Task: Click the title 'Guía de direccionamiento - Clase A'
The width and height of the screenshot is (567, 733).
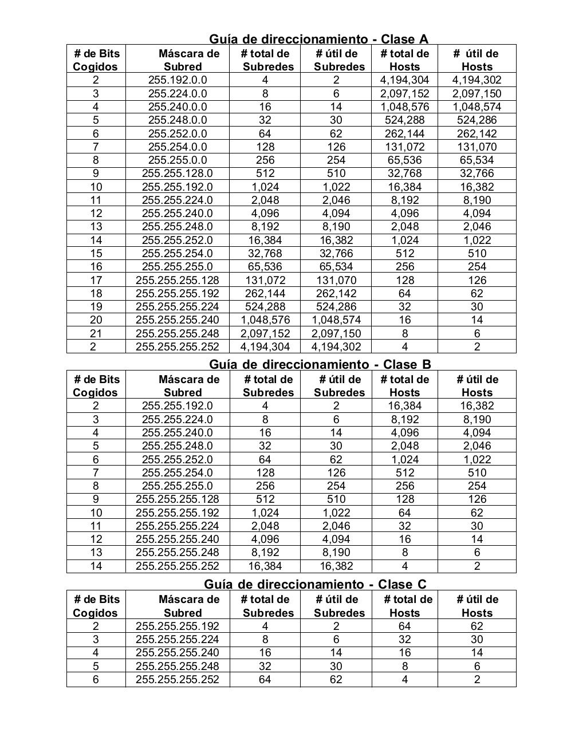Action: (x=318, y=39)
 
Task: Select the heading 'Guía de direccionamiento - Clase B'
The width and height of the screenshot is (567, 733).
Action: (x=320, y=364)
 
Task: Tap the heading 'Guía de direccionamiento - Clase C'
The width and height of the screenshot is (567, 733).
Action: (x=315, y=584)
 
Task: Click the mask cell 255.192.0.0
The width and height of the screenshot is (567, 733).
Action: (x=178, y=80)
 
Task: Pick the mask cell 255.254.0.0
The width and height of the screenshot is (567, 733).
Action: (x=178, y=147)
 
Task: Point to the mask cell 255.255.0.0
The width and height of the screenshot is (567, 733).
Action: (x=178, y=160)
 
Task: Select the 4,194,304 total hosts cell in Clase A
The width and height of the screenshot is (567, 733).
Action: (x=404, y=80)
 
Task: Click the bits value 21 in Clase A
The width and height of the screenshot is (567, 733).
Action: (x=96, y=333)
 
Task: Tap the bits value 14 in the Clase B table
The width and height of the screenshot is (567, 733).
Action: (x=96, y=566)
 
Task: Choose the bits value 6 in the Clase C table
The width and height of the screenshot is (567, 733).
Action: (x=96, y=679)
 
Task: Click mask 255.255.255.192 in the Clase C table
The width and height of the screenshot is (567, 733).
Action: (x=178, y=626)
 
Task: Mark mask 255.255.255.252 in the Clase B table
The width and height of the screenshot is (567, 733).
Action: (x=178, y=566)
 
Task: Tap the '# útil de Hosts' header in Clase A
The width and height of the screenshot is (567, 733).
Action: (x=477, y=60)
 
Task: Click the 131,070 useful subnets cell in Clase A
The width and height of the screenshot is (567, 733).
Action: (x=336, y=280)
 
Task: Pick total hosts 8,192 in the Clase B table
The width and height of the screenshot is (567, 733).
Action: (x=404, y=419)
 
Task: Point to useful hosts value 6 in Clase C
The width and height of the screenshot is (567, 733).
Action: (x=477, y=666)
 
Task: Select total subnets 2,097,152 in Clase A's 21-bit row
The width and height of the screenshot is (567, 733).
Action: (x=265, y=333)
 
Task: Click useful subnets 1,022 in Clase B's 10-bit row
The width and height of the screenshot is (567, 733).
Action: (x=336, y=513)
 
